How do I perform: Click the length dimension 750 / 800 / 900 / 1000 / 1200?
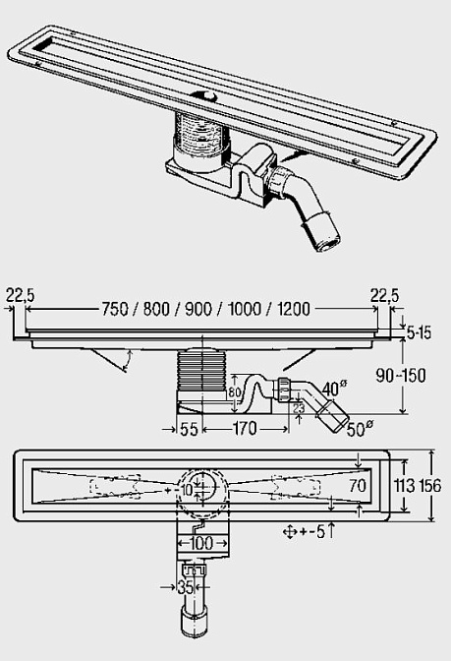coord(206,309)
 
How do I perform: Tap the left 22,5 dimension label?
coord(20,295)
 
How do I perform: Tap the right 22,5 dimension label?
coord(384,295)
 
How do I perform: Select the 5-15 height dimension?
coord(420,333)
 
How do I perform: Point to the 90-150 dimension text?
coord(401,375)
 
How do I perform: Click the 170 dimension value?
coord(245,429)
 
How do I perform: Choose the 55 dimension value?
coord(189,429)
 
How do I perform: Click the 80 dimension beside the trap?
coord(234,392)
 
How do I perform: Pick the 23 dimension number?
coord(298,408)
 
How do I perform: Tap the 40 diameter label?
coord(335,389)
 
